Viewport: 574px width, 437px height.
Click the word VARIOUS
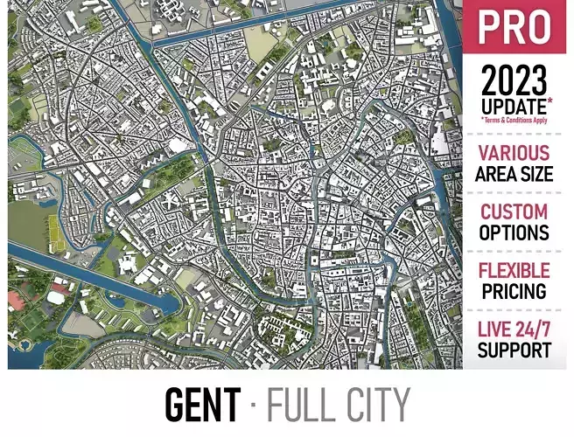coord(514,153)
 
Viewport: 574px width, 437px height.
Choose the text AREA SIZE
coord(514,174)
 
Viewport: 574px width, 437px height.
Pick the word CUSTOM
coord(514,212)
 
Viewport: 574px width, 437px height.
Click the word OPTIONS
coord(514,233)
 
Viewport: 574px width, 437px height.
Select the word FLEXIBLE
coord(514,270)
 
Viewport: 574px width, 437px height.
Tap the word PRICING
coord(514,291)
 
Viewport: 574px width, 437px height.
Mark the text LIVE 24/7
coord(514,329)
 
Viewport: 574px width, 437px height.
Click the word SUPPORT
coord(514,350)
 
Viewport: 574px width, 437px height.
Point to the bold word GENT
coord(202,406)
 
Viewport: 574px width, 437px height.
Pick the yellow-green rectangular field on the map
coord(54,230)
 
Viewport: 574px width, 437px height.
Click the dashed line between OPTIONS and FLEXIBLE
coord(514,252)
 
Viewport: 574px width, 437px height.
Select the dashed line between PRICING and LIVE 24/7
coord(514,310)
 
